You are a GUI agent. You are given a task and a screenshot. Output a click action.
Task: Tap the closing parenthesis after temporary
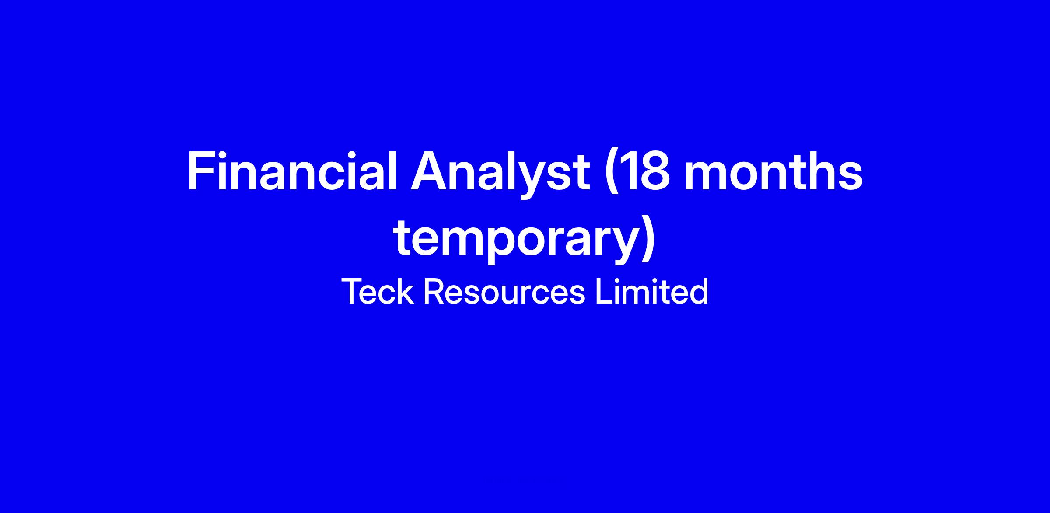(x=648, y=241)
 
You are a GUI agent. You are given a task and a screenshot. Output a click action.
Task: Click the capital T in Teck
(x=353, y=291)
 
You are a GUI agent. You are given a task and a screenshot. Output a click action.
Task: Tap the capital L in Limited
(x=604, y=291)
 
